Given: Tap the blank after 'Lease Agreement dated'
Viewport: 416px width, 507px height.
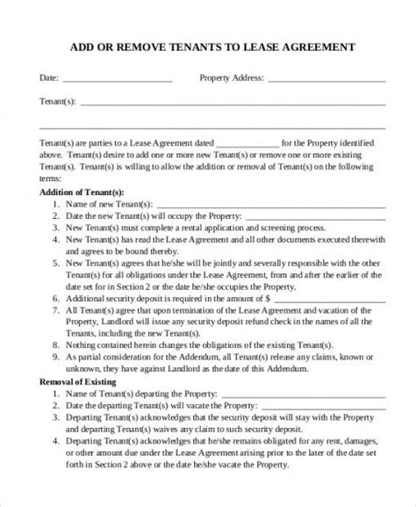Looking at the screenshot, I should coord(247,143).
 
